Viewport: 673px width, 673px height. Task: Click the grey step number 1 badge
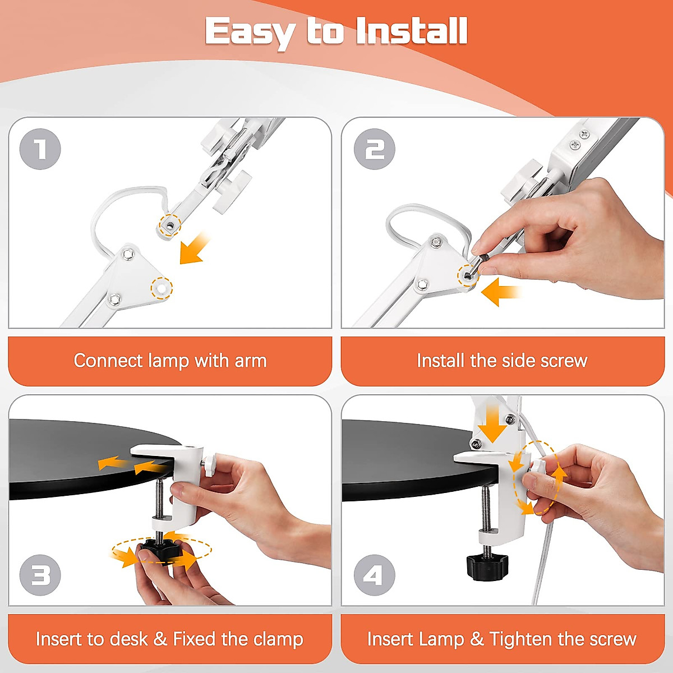pyautogui.click(x=40, y=149)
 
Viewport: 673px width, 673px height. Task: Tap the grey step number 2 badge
pyautogui.click(x=375, y=149)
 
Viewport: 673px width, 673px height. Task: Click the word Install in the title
pyautogui.click(x=412, y=31)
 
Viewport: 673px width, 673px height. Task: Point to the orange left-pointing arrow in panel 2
pyautogui.click(x=501, y=292)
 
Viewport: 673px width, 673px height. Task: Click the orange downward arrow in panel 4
pyautogui.click(x=492, y=425)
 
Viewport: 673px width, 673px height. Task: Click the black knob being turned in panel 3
pyautogui.click(x=162, y=551)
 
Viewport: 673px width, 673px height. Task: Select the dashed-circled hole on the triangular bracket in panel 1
pyautogui.click(x=162, y=288)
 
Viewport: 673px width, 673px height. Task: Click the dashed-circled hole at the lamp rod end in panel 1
pyautogui.click(x=170, y=225)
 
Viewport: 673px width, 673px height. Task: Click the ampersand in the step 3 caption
pyautogui.click(x=160, y=639)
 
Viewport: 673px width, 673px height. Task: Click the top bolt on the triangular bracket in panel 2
pyautogui.click(x=436, y=242)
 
